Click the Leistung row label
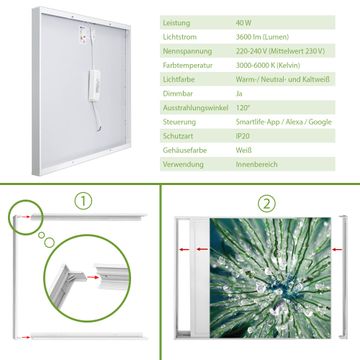click(x=176, y=23)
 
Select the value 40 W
click(x=244, y=23)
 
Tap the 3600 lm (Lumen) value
click(x=262, y=37)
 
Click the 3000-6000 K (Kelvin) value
click(x=268, y=65)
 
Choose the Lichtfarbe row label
click(x=179, y=80)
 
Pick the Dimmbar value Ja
click(x=239, y=94)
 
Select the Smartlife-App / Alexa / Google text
click(x=284, y=122)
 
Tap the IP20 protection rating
click(x=243, y=136)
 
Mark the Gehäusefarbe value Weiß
click(x=244, y=150)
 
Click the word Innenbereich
click(x=257, y=164)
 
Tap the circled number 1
click(x=83, y=201)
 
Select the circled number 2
click(x=267, y=203)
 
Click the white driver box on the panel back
click(x=94, y=85)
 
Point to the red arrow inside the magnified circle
click(x=93, y=277)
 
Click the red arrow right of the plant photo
click(x=337, y=249)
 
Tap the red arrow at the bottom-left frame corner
click(x=24, y=337)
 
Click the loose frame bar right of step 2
click(x=343, y=277)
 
